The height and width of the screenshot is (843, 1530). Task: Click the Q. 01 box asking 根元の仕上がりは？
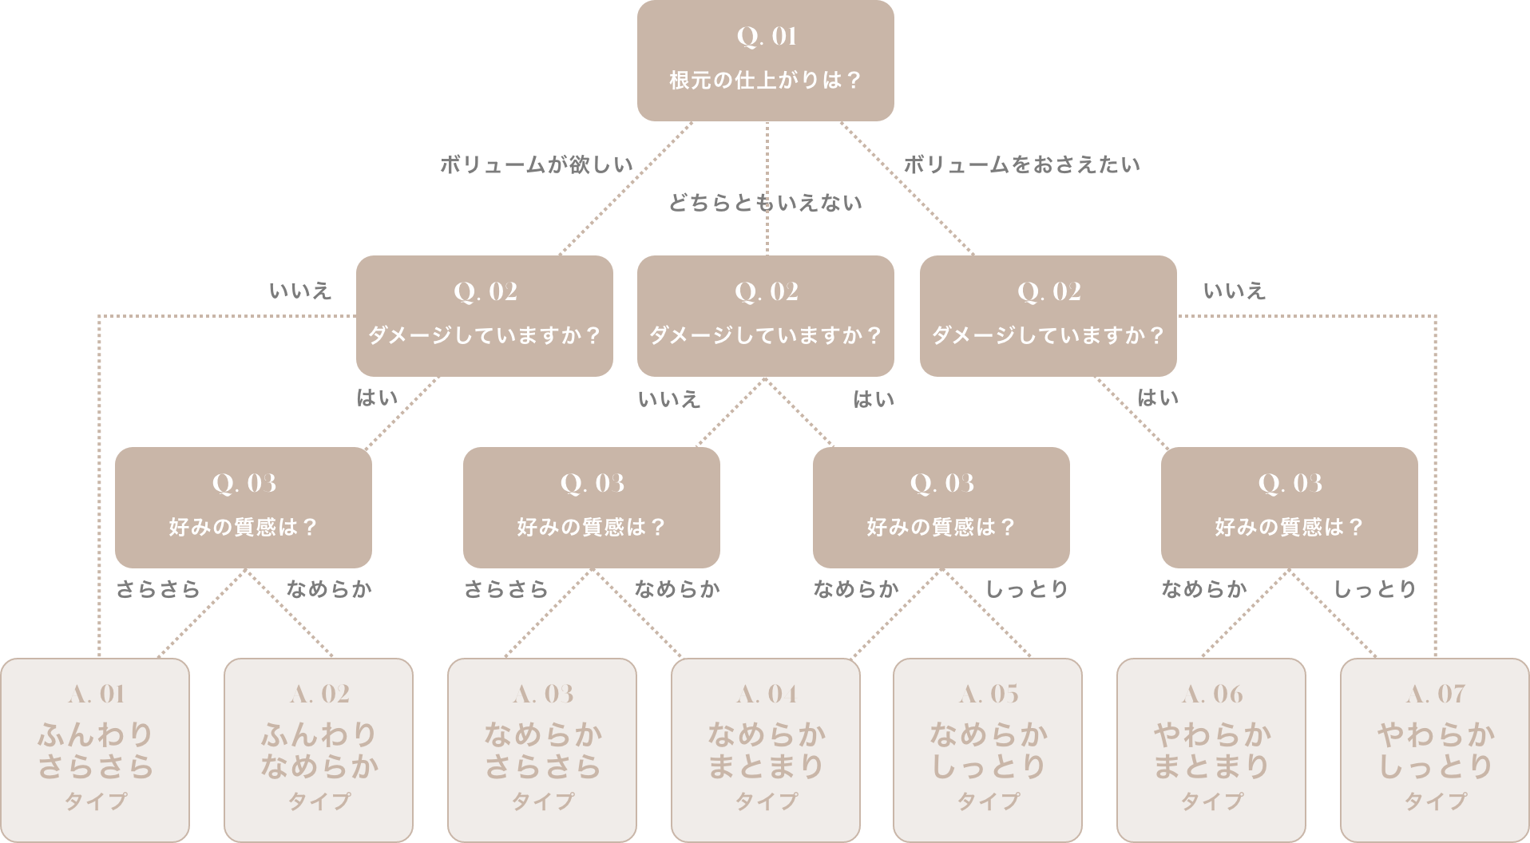(x=765, y=61)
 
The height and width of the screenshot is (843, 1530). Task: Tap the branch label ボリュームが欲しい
(x=536, y=165)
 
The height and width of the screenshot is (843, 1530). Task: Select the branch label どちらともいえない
(x=765, y=204)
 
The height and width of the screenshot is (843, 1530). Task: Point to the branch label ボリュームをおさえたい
(x=1021, y=165)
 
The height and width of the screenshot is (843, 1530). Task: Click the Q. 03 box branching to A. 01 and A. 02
(x=243, y=507)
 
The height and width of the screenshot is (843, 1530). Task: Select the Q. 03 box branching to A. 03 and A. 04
(x=591, y=507)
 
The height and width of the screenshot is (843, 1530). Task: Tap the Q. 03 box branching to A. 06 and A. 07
(x=1289, y=507)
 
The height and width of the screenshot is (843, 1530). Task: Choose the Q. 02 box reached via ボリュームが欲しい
(x=484, y=315)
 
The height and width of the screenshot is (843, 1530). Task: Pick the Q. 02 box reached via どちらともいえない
(x=765, y=315)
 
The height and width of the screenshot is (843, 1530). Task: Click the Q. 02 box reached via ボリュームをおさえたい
(x=1048, y=315)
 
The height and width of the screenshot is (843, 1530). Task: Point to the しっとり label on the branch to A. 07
(x=1375, y=590)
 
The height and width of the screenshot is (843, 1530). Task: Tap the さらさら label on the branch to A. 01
(x=157, y=590)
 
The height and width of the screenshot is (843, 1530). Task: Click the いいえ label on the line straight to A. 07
(x=1234, y=291)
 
